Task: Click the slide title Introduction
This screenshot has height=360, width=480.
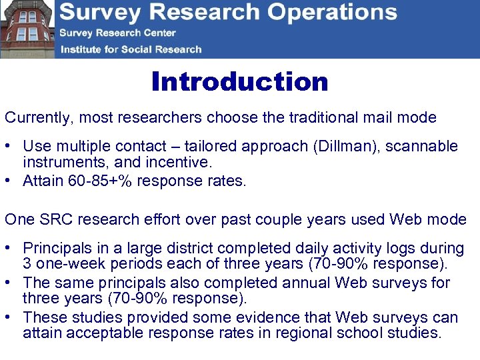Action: [239, 82]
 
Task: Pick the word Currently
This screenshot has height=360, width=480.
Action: [37, 118]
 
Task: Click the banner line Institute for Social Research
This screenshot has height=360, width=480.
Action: [131, 49]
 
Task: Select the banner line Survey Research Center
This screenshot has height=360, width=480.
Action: [117, 33]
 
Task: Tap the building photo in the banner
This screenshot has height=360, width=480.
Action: [27, 29]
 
